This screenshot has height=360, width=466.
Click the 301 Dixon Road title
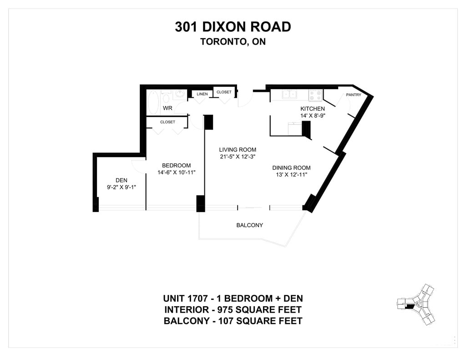pos(233,27)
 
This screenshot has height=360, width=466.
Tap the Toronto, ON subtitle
pos(233,41)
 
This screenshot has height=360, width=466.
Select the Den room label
pos(121,180)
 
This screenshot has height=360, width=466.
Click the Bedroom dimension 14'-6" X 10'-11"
pos(176,172)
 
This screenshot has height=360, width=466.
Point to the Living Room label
pos(238,150)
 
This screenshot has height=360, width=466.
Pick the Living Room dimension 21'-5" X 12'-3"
pos(238,157)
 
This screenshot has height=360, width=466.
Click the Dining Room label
pos(291,168)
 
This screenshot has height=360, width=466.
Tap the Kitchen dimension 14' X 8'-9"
pos(313,116)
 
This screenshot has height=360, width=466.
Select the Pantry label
pos(353,95)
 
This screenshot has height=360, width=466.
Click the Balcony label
pos(250,225)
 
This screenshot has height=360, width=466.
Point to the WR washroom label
pos(167,108)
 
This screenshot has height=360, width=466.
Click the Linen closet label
pos(202,94)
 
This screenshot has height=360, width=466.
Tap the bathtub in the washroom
pos(154,102)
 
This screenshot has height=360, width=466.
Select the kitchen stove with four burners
pos(316,96)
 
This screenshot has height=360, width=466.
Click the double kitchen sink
pos(289,94)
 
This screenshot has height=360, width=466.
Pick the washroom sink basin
pos(179,95)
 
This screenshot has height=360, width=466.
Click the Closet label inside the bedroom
pos(167,122)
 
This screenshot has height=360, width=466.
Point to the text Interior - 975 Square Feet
pos(233,310)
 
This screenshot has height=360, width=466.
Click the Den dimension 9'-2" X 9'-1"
pos(121,188)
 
